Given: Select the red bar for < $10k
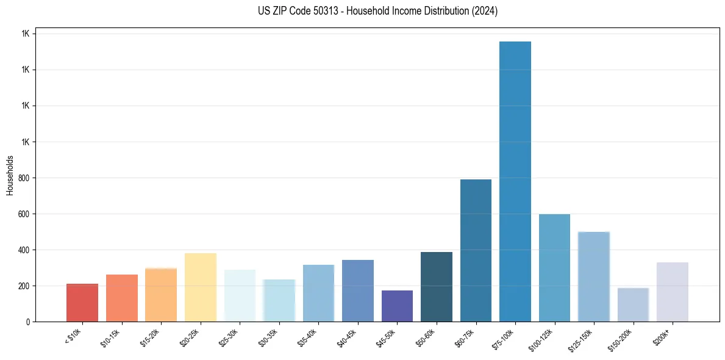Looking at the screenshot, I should [x=82, y=303].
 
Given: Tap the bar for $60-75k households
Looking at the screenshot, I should [x=476, y=250].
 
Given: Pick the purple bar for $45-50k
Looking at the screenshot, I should [x=397, y=306].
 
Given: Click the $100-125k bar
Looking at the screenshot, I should [x=554, y=268].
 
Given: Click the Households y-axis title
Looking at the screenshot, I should [x=10, y=175].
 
